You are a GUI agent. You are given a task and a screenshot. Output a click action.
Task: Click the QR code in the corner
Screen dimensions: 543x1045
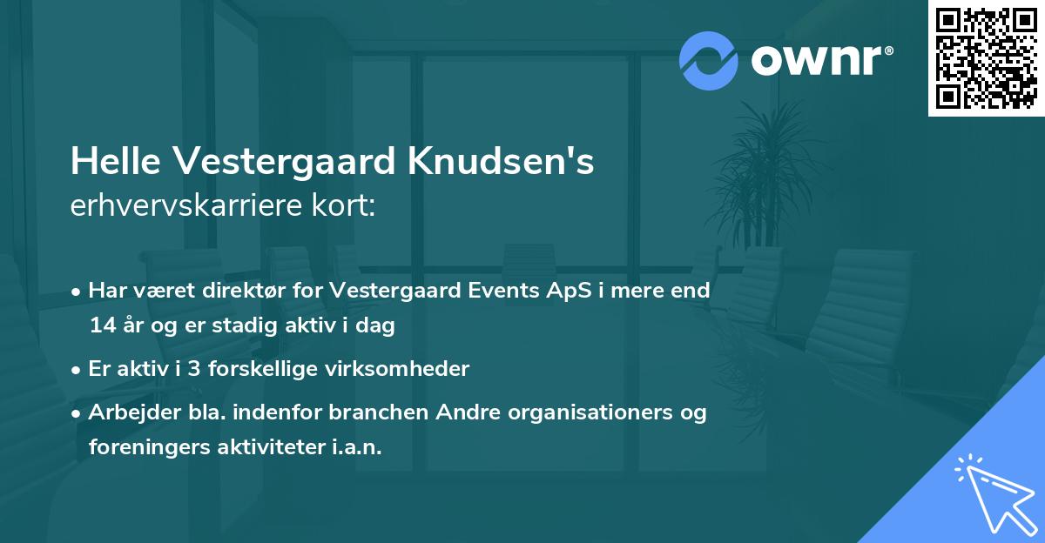[x=986, y=58]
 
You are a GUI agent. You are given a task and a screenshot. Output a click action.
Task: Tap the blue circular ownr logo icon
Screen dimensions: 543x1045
[x=708, y=61]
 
